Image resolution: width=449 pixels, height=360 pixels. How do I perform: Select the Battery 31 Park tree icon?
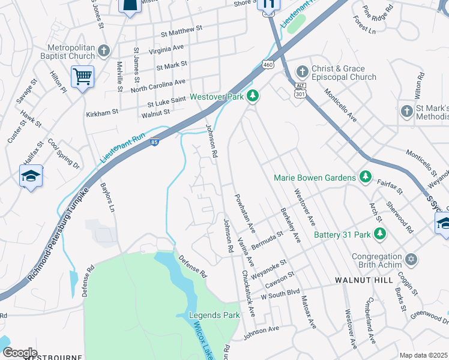379,233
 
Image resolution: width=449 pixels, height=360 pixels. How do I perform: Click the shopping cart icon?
82,76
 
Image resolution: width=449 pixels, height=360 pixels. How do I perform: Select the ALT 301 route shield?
301,89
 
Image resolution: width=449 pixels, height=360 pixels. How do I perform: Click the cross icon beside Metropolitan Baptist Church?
104,51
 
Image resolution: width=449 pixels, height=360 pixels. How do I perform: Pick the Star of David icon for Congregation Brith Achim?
411,260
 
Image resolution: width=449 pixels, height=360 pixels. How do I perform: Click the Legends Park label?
214,315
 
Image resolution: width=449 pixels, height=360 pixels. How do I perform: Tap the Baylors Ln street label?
107,198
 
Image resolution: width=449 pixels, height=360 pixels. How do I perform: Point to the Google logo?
20,353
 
